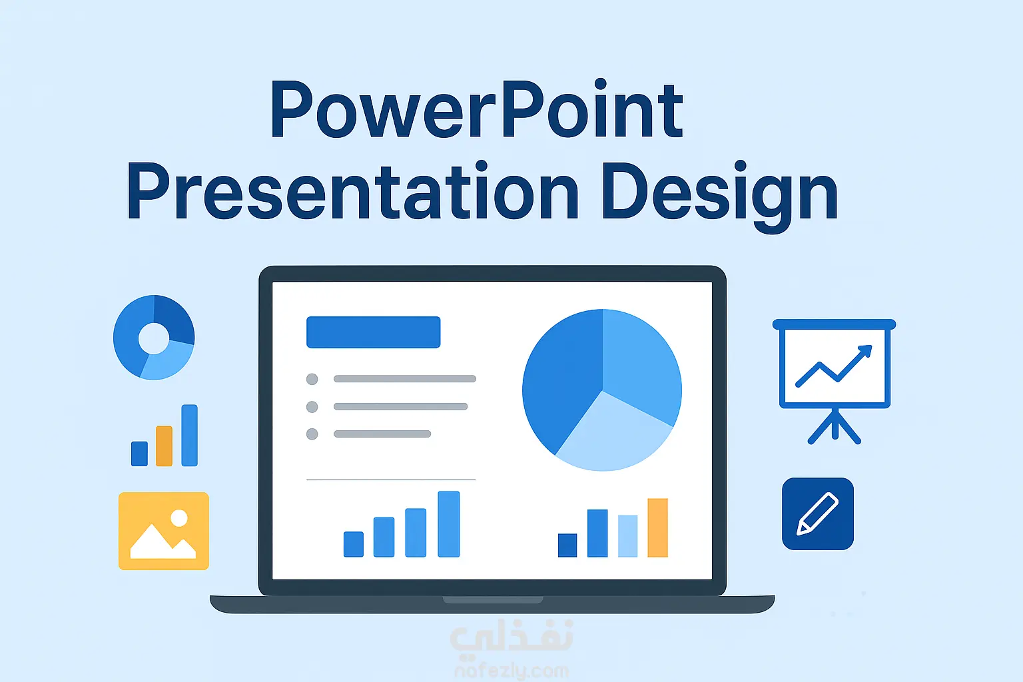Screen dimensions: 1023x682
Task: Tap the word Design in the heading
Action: (720, 196)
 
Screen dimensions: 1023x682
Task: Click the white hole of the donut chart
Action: (154, 338)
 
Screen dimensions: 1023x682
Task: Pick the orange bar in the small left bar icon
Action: (164, 446)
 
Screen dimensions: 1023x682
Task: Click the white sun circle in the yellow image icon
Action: (179, 518)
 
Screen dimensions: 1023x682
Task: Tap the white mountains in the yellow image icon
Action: (163, 541)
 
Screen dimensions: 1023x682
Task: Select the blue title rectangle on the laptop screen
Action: (373, 332)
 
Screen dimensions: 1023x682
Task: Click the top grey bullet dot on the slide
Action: (312, 379)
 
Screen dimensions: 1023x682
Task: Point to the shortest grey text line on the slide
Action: (382, 434)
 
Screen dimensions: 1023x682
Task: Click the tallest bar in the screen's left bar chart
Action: (448, 524)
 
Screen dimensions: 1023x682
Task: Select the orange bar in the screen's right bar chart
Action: (657, 527)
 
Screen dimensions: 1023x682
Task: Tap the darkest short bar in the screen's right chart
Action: (567, 545)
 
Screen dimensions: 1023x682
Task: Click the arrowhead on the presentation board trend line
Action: (865, 352)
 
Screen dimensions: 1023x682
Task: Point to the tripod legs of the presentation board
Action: (835, 426)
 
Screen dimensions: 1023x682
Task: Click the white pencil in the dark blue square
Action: (817, 513)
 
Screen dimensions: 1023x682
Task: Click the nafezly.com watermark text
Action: (511, 671)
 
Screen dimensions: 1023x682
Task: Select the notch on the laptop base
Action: (493, 599)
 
